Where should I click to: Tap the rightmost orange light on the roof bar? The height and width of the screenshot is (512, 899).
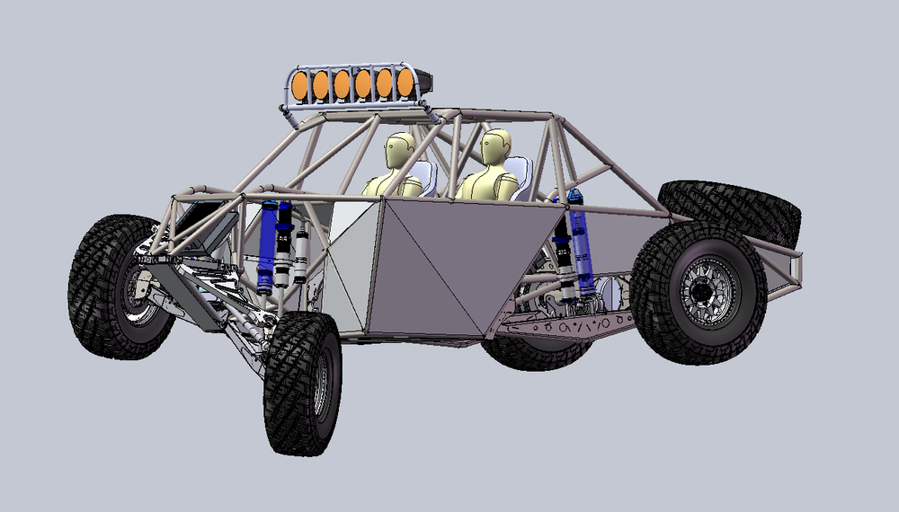pyautogui.click(x=405, y=84)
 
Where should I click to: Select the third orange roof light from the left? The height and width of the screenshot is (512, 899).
pyautogui.click(x=343, y=84)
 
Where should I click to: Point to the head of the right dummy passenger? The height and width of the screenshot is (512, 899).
pyautogui.click(x=494, y=146)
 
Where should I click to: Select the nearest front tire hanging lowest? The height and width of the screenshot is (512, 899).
pyautogui.click(x=302, y=382)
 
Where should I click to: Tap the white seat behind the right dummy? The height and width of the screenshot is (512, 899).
pyautogui.click(x=521, y=175)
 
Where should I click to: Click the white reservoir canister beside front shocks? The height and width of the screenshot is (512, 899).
pyautogui.click(x=301, y=255)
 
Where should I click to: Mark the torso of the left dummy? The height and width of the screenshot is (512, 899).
pyautogui.click(x=393, y=183)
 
